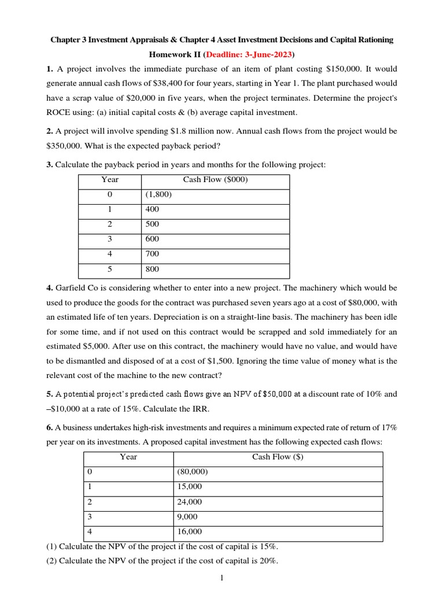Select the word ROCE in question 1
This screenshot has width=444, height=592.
tap(59, 112)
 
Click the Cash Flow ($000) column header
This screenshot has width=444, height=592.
tap(215, 179)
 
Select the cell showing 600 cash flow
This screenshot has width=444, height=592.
tap(152, 239)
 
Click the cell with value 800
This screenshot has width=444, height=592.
tap(152, 269)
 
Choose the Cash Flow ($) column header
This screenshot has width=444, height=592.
tap(277, 457)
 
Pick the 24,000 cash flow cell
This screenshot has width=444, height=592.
tap(190, 502)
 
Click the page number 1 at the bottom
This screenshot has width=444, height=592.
tap(221, 578)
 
